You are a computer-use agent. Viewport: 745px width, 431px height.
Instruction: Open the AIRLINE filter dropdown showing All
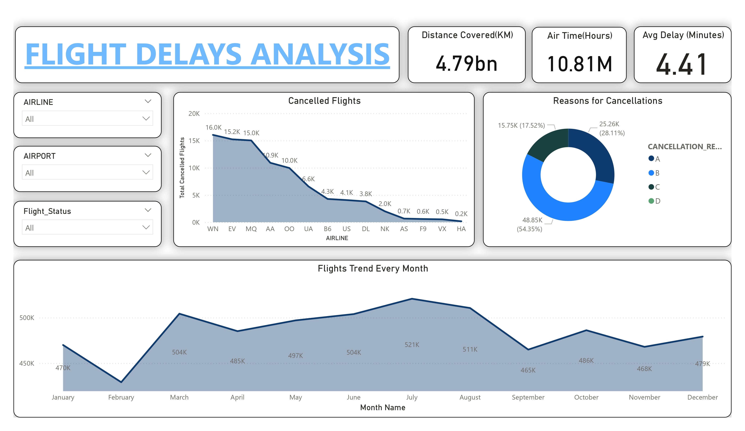(87, 119)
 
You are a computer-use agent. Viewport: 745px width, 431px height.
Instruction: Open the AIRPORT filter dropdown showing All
(87, 172)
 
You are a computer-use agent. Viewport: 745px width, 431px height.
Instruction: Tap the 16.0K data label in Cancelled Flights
(213, 128)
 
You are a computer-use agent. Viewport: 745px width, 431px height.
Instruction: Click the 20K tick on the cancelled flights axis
(194, 114)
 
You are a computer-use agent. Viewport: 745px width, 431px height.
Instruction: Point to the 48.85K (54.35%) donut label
(530, 224)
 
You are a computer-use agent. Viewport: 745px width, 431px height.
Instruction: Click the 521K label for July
(412, 345)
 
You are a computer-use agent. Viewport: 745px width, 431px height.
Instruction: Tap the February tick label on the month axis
(121, 397)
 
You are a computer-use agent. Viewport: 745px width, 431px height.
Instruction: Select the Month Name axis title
(383, 408)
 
